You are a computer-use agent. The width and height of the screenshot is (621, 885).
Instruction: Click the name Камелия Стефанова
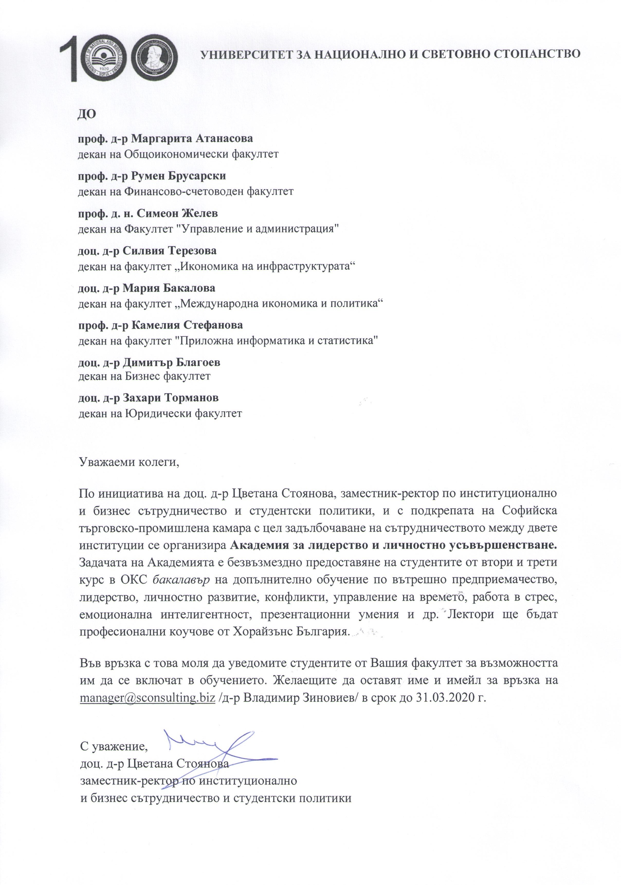pos(187,325)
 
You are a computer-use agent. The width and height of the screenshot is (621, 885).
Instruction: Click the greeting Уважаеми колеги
pos(130,461)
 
